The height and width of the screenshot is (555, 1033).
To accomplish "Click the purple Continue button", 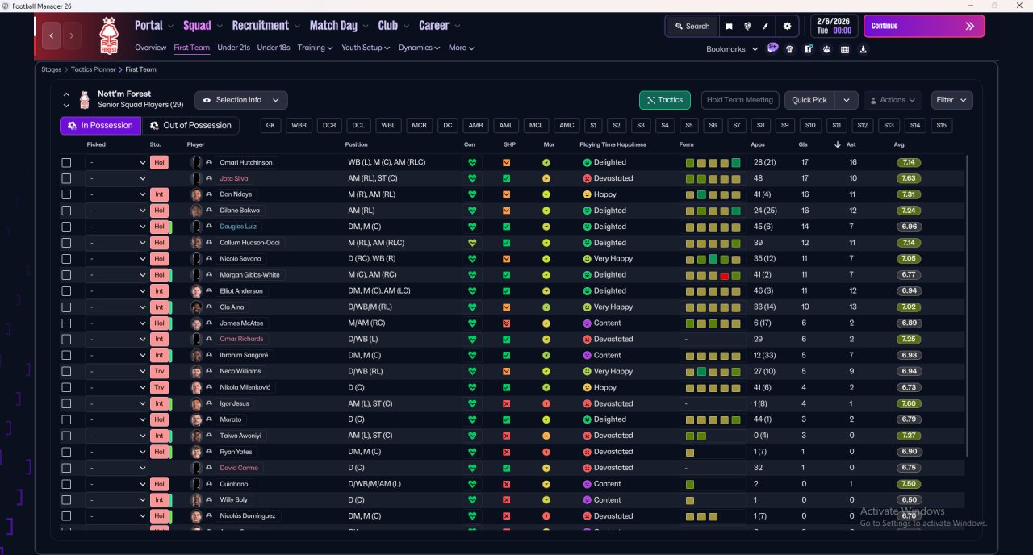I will (x=923, y=26).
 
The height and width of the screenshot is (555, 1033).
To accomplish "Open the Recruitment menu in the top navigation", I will (x=266, y=26).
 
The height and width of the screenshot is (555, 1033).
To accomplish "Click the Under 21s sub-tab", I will (x=233, y=48).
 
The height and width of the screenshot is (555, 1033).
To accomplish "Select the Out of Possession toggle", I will (x=191, y=126).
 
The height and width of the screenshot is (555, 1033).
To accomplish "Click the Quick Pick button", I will (x=809, y=100).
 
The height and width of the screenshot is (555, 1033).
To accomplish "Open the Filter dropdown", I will (x=951, y=100).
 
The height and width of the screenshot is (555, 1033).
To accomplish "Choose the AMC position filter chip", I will (x=567, y=126).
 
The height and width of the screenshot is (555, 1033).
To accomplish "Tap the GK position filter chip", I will (x=271, y=126).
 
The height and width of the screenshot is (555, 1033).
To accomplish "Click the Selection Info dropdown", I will (x=240, y=100).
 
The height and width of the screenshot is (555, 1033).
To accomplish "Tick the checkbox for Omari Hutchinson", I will (x=66, y=162).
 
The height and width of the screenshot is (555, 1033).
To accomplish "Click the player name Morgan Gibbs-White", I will (x=249, y=275).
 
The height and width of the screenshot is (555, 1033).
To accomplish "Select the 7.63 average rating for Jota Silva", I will (x=908, y=178).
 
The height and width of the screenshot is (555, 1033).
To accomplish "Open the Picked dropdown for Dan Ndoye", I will (x=117, y=194).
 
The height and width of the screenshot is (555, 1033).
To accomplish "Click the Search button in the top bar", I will (x=692, y=26).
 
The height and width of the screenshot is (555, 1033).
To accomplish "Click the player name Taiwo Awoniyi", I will (x=240, y=436).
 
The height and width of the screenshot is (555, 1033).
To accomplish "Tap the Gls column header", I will (x=804, y=144).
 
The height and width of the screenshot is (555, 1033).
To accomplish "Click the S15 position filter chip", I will (x=940, y=126).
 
